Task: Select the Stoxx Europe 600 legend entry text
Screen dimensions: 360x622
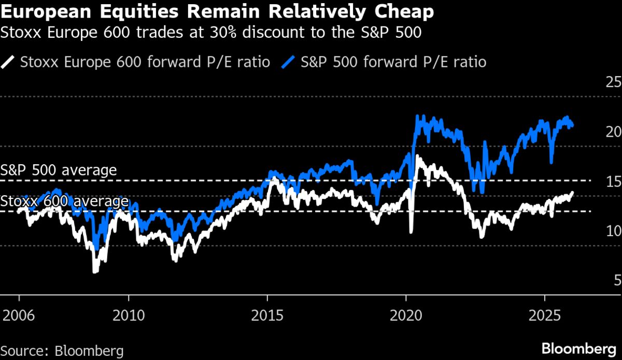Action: click(145, 63)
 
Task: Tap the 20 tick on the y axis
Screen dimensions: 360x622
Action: click(613, 132)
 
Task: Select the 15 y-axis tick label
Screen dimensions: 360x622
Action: click(613, 181)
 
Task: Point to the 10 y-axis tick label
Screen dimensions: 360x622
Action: click(613, 231)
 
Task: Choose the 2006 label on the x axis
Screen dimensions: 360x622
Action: click(19, 315)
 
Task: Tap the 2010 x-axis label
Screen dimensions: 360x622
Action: click(128, 315)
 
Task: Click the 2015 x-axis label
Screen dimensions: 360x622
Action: click(267, 315)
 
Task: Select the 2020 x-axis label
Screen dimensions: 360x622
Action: click(406, 315)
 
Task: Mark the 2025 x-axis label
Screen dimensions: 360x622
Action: click(545, 315)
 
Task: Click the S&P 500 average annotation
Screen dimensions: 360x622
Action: click(59, 170)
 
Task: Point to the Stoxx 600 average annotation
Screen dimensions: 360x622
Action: click(64, 201)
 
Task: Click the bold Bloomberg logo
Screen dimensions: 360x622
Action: click(579, 348)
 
